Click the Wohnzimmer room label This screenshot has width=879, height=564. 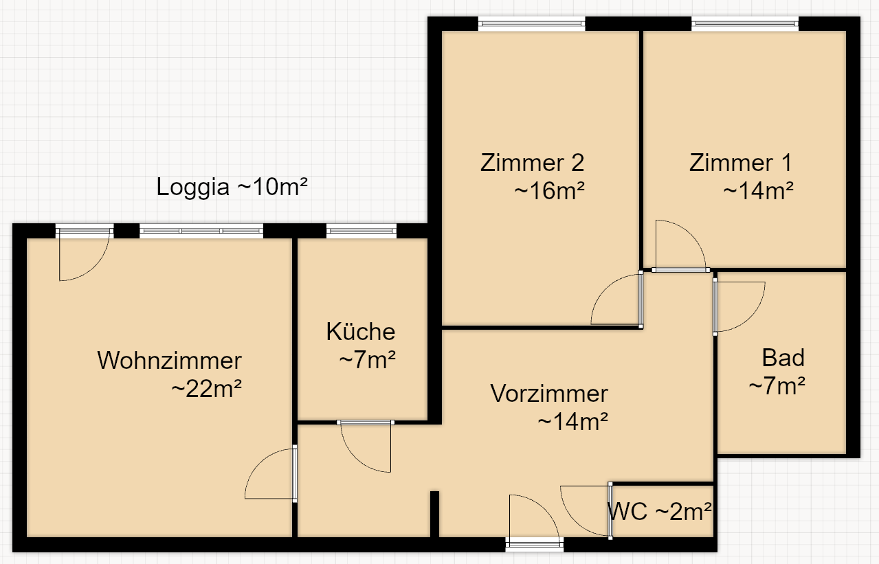tap(170, 360)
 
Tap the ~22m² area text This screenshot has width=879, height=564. tap(206, 389)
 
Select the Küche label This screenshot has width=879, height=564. tap(361, 332)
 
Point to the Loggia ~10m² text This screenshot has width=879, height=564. tap(232, 187)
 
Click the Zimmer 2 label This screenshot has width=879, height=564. tap(533, 163)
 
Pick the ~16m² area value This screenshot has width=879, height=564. tap(550, 191)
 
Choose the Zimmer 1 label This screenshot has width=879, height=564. tap(741, 163)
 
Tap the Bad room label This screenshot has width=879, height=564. tap(783, 358)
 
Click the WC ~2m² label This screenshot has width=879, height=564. tap(659, 511)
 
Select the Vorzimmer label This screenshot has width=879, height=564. tap(549, 394)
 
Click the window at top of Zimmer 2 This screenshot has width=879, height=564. tap(531, 24)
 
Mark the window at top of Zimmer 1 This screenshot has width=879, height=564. tap(745, 24)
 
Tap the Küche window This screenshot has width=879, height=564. tap(361, 231)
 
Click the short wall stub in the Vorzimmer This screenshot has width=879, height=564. tap(434, 514)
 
